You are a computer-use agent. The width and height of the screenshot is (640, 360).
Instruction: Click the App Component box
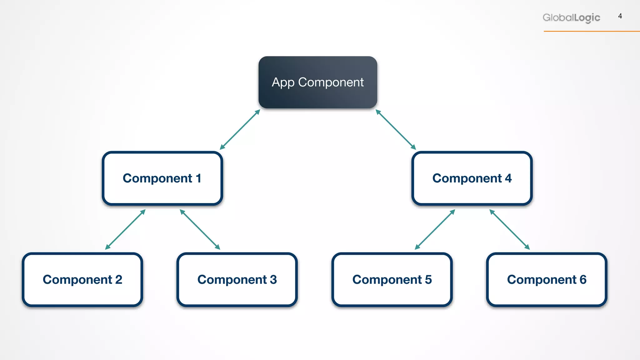coord(317,82)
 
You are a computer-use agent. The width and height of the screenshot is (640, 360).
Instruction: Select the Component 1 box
coord(162,178)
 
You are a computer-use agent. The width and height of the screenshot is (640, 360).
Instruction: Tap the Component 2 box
coord(82,279)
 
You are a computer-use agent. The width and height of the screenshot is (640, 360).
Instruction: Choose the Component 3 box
coord(237,279)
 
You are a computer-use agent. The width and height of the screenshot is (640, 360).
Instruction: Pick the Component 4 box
coord(472,178)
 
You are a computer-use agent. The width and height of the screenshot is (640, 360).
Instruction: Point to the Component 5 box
coord(392,279)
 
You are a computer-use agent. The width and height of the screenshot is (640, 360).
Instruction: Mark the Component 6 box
coord(547,279)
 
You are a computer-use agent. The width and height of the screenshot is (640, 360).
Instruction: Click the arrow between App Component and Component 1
coord(240,129)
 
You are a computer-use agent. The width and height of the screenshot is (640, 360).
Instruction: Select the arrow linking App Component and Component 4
coord(396,129)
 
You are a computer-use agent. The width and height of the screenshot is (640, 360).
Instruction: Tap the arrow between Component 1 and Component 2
coord(125,229)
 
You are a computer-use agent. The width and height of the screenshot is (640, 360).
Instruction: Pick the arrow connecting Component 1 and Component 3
coord(200,229)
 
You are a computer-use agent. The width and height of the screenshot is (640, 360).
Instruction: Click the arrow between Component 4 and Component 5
coord(435,229)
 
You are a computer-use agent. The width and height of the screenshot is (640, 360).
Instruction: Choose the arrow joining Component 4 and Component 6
coord(509,229)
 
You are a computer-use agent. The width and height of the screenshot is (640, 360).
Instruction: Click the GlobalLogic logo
coord(571,17)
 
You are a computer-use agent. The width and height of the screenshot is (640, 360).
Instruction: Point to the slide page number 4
coord(620,16)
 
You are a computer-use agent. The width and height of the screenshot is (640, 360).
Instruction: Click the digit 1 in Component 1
coord(198,178)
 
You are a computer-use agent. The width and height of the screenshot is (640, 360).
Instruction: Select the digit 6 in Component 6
coord(583,279)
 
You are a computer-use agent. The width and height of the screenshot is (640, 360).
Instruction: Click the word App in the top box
coord(283,82)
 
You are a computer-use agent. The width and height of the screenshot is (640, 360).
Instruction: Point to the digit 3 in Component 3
coord(273,279)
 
